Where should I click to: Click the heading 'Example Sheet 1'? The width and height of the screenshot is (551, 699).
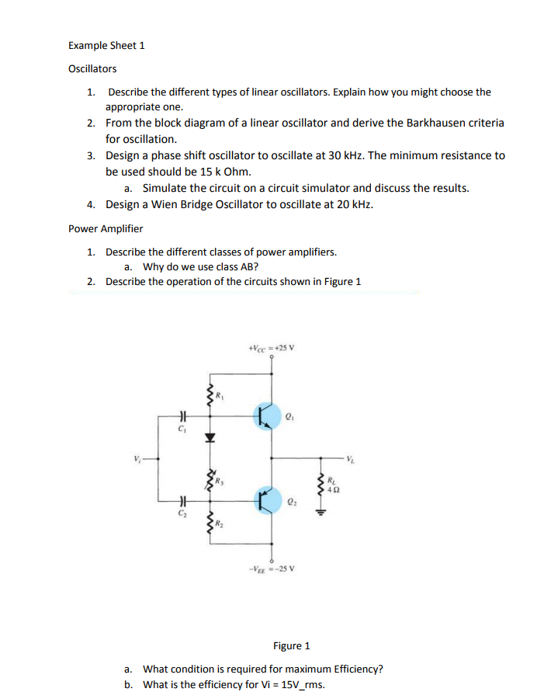(x=106, y=45)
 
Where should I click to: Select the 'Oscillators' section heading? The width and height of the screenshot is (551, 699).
(x=92, y=69)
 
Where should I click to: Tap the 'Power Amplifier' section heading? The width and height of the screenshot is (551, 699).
(x=106, y=228)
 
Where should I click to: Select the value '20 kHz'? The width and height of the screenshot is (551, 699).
(x=354, y=204)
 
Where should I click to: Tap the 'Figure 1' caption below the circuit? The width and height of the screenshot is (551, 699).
(x=291, y=645)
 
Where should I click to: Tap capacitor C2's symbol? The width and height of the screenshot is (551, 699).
(x=182, y=502)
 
